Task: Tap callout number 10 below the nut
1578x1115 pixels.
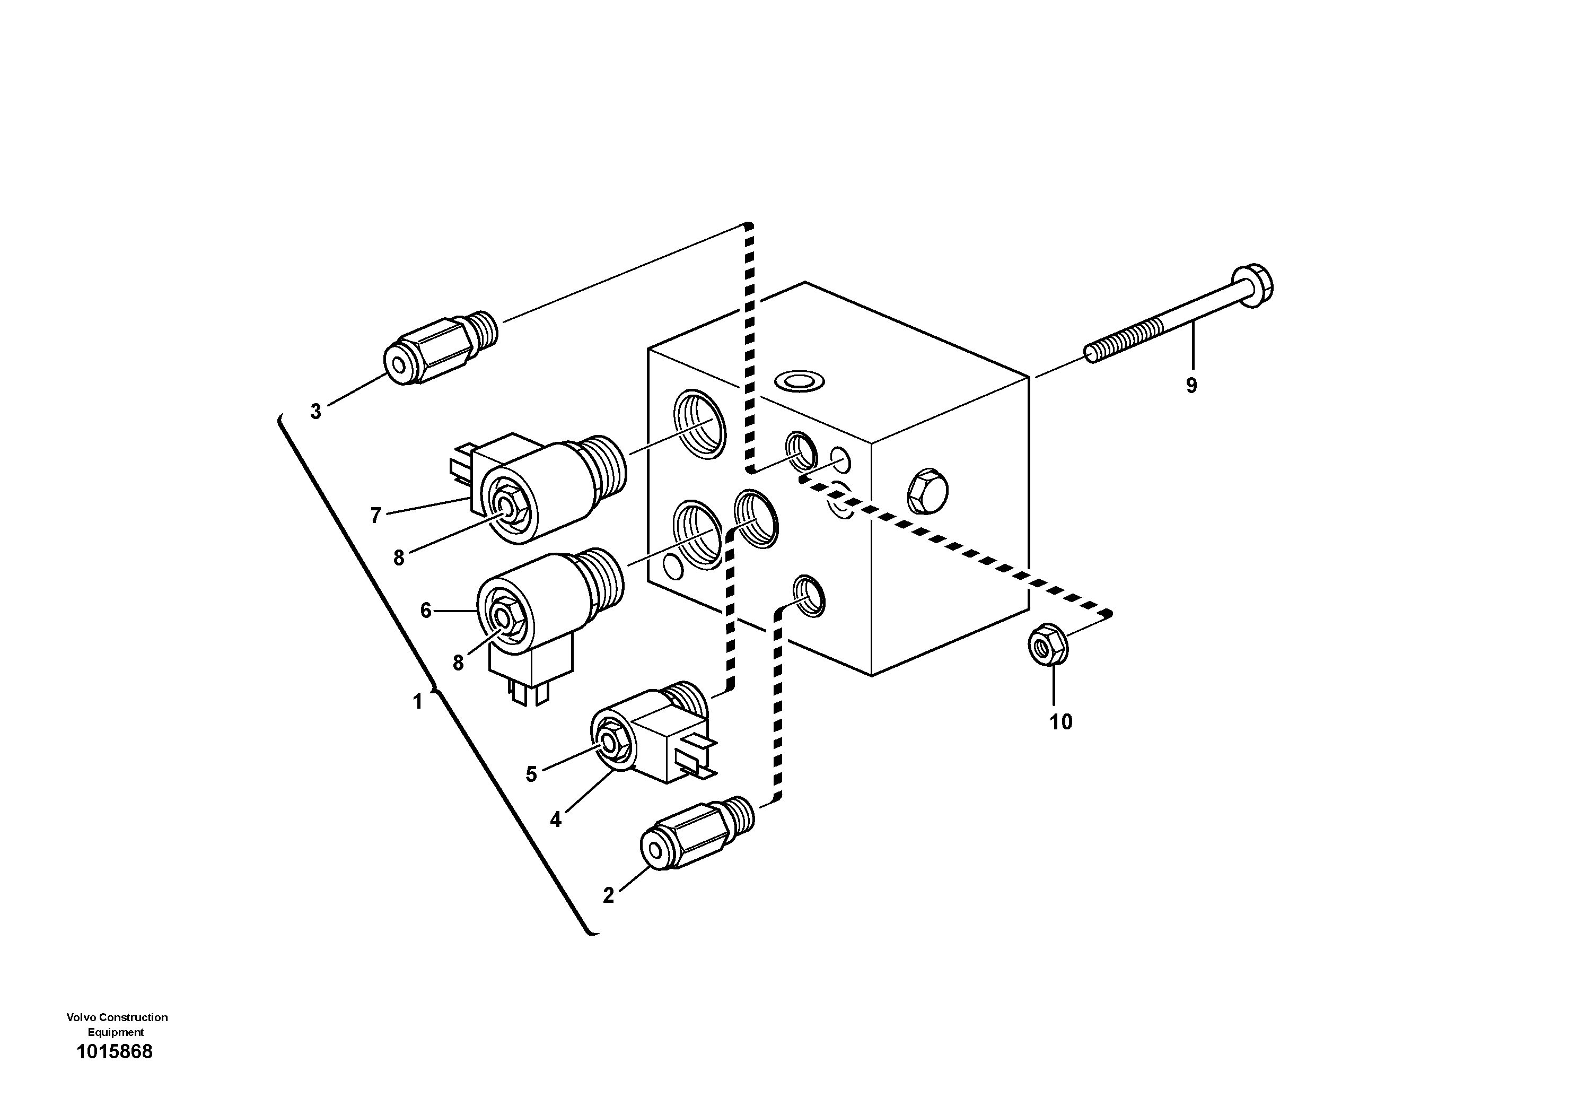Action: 1060,722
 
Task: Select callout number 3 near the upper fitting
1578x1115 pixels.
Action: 315,412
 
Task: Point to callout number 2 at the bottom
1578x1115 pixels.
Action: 608,896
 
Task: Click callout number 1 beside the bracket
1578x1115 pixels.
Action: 417,702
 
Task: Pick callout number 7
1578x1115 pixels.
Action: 375,515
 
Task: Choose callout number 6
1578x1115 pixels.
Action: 425,611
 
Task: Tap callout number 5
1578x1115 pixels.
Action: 531,774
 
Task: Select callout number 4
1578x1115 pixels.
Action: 555,820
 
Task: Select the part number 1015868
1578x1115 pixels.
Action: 115,1052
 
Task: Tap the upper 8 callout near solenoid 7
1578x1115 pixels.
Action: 399,558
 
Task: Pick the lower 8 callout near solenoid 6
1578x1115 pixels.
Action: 459,663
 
